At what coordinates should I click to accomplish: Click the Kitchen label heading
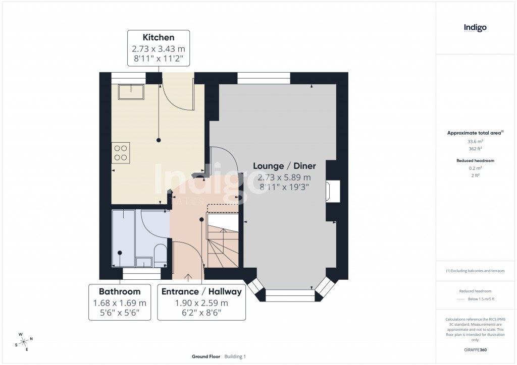(159, 37)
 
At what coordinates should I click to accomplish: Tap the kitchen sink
(130, 91)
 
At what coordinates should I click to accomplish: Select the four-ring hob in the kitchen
(121, 152)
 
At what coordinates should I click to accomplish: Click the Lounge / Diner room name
(284, 166)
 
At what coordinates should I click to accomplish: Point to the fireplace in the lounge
(332, 192)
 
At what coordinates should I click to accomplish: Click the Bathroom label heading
(120, 291)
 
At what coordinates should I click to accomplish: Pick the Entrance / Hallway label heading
(201, 291)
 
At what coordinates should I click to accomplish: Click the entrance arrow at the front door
(189, 276)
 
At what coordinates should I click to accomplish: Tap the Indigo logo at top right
(475, 28)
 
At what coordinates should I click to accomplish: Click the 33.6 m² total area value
(475, 142)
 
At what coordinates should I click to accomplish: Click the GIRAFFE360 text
(475, 349)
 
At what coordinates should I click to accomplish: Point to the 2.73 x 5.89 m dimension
(284, 177)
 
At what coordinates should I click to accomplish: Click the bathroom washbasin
(144, 262)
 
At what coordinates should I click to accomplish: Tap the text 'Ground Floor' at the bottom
(206, 357)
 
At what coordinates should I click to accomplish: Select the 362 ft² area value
(475, 149)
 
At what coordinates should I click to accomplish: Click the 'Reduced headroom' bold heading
(475, 160)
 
